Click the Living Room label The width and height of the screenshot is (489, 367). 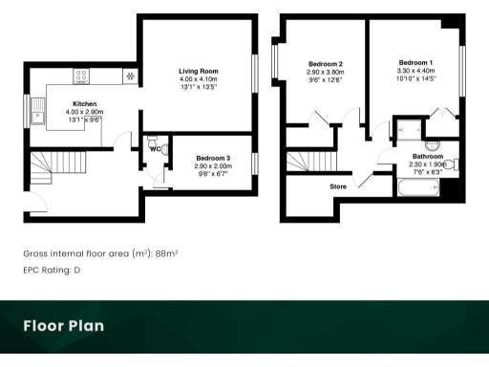199,71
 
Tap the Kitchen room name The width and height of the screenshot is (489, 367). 85,104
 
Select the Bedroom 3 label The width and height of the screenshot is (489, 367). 214,157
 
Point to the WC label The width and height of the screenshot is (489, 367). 154,148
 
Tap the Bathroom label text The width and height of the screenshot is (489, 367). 427,155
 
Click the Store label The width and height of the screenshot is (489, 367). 337,186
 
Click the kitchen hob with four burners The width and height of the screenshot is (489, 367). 82,76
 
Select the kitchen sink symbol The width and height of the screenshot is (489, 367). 39,119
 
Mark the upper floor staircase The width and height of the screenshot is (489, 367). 303,161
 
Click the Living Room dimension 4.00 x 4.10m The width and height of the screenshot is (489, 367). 199,79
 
